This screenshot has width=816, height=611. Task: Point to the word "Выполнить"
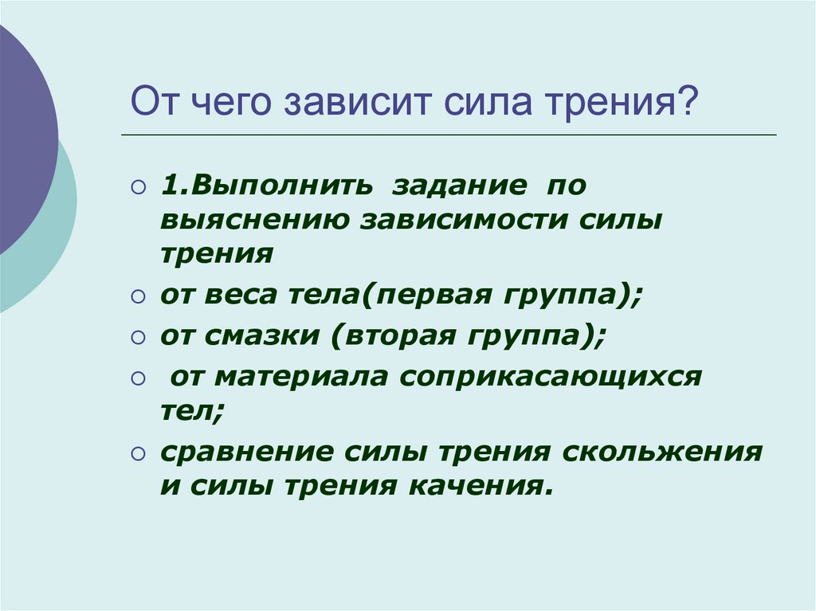click(282, 186)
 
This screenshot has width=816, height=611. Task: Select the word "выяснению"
click(254, 221)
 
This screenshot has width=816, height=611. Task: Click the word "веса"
click(241, 295)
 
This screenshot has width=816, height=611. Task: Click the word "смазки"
click(261, 335)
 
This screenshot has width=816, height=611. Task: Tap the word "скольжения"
click(662, 452)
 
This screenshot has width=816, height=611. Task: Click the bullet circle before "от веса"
click(139, 296)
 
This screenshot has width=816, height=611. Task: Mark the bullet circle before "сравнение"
click(139, 454)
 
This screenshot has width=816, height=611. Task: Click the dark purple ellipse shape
click(26, 140)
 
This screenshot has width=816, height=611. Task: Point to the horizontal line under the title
click(449, 135)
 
